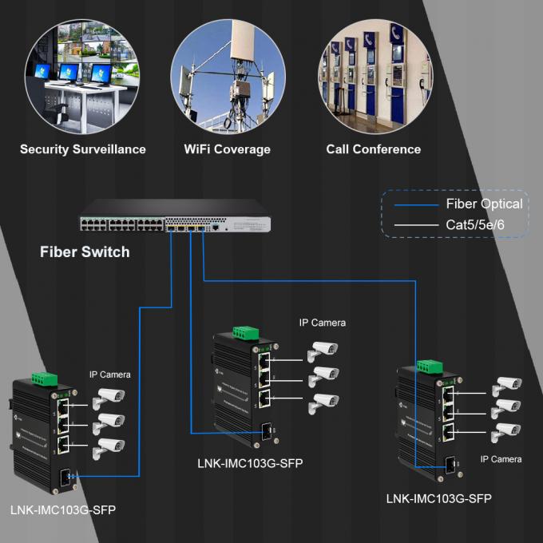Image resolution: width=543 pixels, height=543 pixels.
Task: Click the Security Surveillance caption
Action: point(83,149)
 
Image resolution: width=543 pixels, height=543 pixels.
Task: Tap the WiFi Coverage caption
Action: point(227,149)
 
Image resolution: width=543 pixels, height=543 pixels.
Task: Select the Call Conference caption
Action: point(373,149)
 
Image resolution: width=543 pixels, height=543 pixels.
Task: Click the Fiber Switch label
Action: point(85,252)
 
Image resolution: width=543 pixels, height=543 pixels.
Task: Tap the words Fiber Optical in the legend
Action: point(484,204)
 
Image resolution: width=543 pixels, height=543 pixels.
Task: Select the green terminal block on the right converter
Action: point(429,366)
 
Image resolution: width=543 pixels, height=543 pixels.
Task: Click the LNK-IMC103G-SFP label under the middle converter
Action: point(250,463)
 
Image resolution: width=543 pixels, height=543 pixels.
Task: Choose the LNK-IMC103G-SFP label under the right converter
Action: point(438,499)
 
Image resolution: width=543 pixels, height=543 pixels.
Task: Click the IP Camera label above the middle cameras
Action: point(323,323)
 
